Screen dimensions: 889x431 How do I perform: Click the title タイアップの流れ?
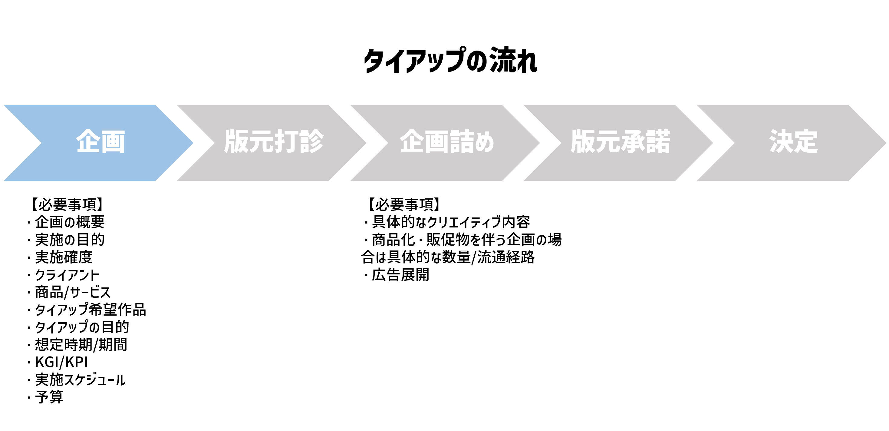coord(450,61)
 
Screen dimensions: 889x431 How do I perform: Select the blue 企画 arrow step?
coord(100,143)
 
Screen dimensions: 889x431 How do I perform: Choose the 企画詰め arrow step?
coord(446,143)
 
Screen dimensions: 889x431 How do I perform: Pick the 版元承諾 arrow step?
coord(620,143)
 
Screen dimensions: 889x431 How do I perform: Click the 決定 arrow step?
coord(793,143)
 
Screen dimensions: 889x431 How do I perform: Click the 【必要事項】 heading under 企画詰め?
coord(404,204)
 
